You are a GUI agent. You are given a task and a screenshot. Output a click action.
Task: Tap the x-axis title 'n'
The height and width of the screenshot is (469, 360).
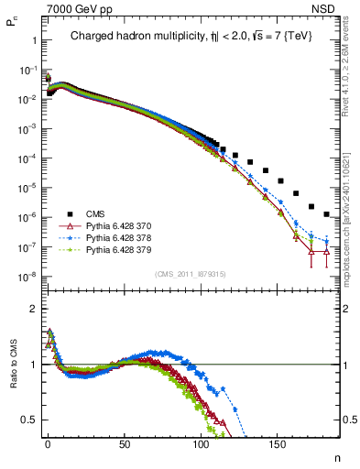click(336, 457)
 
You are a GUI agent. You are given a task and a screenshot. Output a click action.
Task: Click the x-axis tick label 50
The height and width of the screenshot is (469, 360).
click(124, 442)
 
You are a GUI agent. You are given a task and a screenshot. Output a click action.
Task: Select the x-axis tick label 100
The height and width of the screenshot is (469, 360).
click(200, 442)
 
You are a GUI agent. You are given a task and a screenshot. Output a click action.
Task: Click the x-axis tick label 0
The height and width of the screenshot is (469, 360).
click(48, 442)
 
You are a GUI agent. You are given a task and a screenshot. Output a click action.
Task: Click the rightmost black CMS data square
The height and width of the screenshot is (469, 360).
click(327, 214)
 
